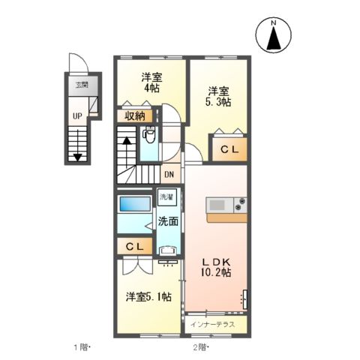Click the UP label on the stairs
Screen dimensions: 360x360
(77, 115)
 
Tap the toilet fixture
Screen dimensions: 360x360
(148, 136)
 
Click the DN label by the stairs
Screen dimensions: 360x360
(170, 174)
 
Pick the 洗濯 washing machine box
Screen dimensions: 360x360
(165, 198)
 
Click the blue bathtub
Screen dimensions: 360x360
(136, 203)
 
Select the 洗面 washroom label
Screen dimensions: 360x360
(167, 221)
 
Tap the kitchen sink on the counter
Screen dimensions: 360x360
(219, 203)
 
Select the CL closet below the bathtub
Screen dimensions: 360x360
(135, 246)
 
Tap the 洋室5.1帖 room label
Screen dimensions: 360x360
(148, 297)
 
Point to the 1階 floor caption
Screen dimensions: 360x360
(82, 347)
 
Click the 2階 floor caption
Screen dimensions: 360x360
(201, 347)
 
